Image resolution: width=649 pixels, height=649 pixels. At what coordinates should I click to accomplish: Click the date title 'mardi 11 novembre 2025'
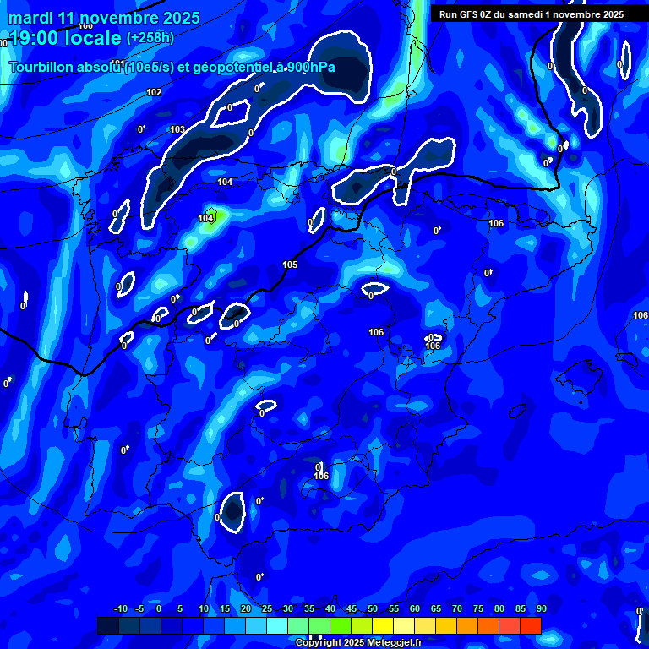(105, 18)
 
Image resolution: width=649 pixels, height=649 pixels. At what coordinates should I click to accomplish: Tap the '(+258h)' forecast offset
(150, 38)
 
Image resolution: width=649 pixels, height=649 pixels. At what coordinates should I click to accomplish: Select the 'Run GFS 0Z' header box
(532, 14)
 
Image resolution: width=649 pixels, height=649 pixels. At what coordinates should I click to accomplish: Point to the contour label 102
(154, 93)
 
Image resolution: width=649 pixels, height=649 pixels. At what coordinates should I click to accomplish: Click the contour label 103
(177, 129)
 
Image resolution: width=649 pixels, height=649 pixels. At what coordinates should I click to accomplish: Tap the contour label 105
(290, 265)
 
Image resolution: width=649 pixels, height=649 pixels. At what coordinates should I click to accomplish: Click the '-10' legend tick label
(120, 609)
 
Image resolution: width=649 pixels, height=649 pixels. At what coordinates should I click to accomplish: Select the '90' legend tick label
(541, 609)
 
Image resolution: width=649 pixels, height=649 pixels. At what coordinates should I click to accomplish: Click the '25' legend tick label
(267, 609)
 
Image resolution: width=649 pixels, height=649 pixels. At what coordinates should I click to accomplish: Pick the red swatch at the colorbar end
(531, 625)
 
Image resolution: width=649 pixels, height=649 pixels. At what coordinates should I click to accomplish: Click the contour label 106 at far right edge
(641, 315)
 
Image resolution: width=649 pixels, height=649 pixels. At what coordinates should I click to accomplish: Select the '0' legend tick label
(159, 609)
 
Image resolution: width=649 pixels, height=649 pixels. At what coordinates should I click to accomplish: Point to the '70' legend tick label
(457, 609)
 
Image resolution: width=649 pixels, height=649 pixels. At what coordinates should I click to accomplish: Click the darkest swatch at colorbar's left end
(108, 625)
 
